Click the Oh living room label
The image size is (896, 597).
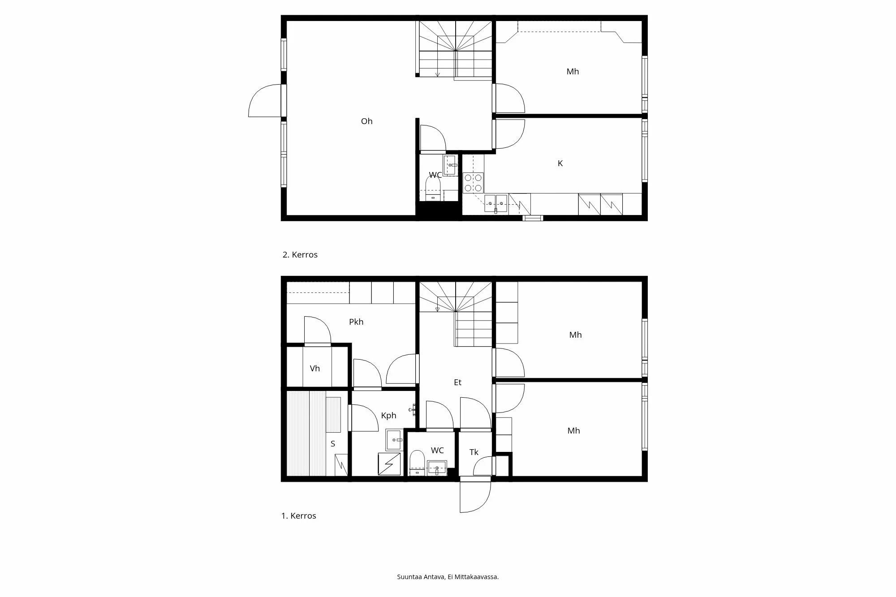point(366,121)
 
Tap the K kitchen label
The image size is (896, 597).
point(560,163)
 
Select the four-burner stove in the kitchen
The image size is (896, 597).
point(473,183)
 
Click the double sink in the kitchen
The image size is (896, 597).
point(495,203)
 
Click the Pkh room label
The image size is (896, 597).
point(356,322)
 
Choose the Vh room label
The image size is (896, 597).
point(315,369)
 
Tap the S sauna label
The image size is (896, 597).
point(333,444)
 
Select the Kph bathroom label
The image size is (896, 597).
point(388,416)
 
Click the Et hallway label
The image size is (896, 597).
point(457,382)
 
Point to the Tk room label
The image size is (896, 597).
point(474,452)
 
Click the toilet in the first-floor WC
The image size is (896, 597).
point(417,463)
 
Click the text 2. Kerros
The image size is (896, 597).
point(300,255)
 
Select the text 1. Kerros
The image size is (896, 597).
point(299,516)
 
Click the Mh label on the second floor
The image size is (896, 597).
point(573,72)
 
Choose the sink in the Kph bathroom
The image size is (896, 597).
point(394,440)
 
